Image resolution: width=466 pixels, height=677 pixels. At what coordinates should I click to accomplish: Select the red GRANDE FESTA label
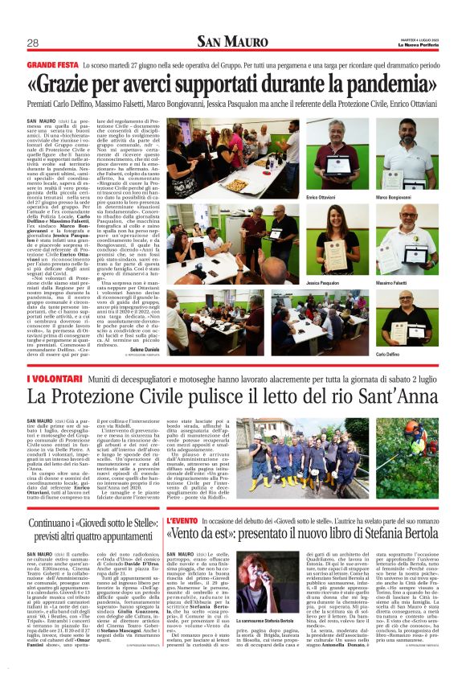coord(51,62)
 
